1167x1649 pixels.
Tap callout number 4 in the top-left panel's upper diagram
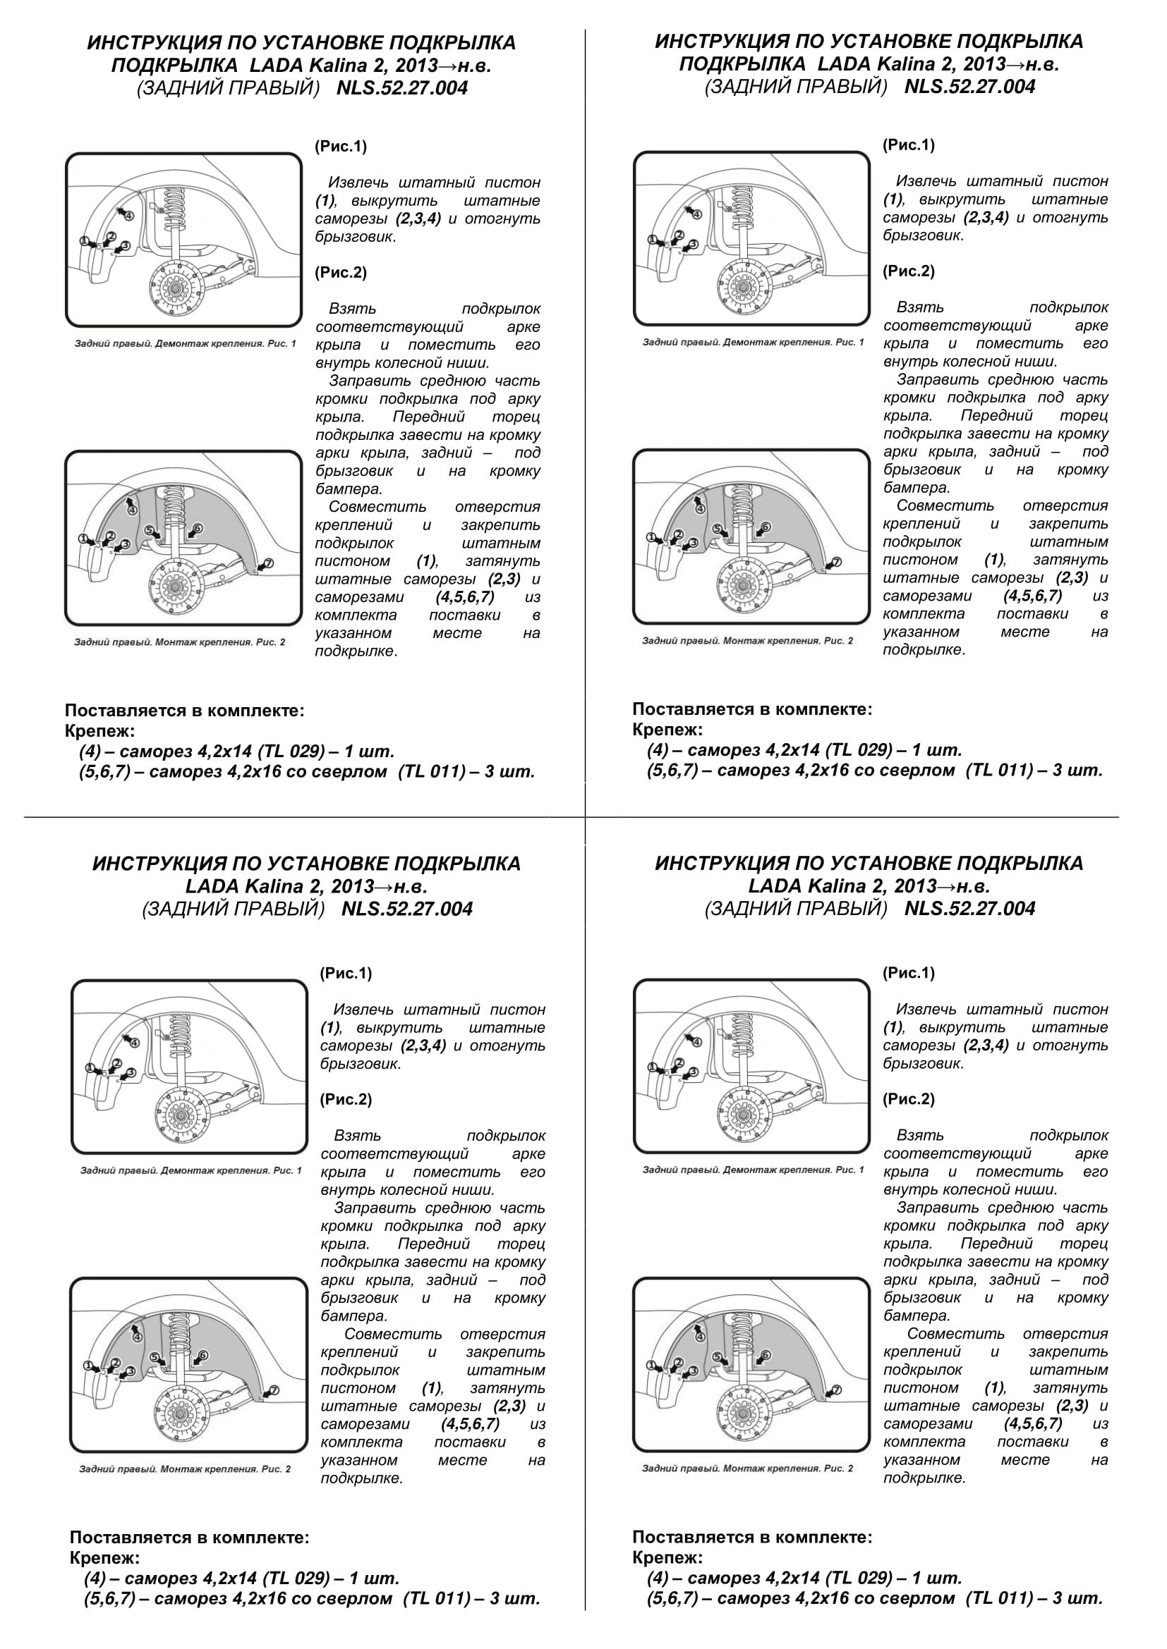coord(128,215)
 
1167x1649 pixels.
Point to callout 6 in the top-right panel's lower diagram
coord(766,528)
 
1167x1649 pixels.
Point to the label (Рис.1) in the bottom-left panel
coord(346,973)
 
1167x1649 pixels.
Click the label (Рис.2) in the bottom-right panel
coord(908,1099)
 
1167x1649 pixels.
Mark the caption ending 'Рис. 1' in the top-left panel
coord(186,344)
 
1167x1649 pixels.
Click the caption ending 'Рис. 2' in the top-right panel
coord(747,641)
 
